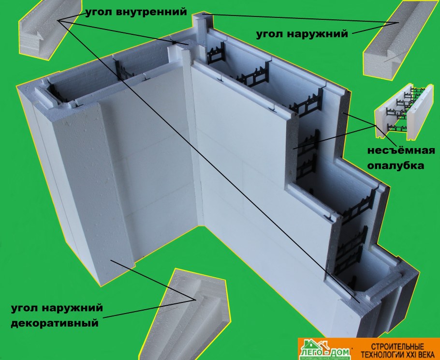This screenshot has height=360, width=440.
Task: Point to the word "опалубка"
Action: point(396,165)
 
